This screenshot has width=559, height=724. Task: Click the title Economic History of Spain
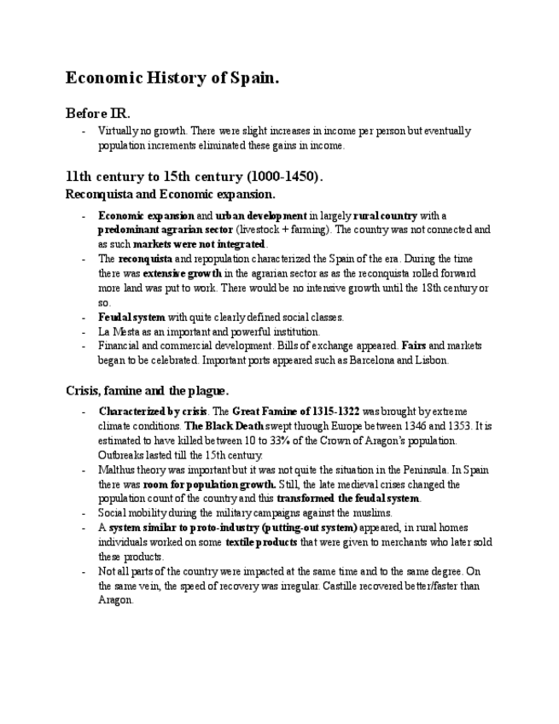click(x=172, y=79)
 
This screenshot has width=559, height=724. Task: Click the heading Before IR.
click(x=98, y=114)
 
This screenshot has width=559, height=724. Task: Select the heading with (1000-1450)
click(x=195, y=177)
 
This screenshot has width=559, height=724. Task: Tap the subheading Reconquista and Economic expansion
click(x=171, y=194)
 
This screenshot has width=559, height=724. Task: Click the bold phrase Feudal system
click(x=131, y=317)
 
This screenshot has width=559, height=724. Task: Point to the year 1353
click(x=445, y=425)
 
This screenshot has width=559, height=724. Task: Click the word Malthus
click(x=117, y=470)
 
